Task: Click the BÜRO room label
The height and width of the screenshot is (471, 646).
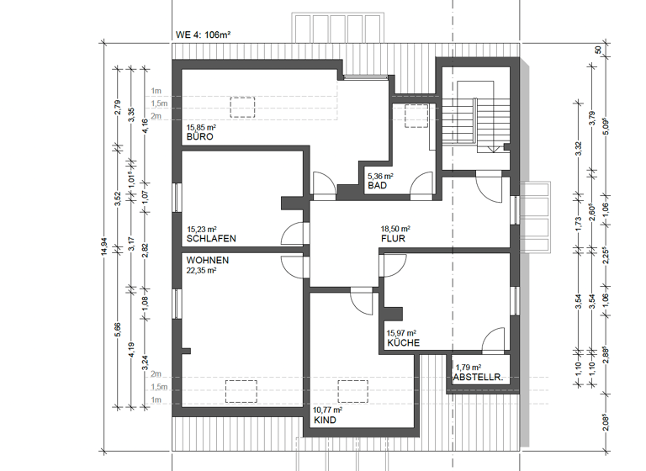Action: pos(199,136)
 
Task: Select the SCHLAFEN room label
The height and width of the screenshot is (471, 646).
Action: pos(210,239)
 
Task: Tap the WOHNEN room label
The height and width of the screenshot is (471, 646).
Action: pos(207,261)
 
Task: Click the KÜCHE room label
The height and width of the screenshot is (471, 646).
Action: pos(403,343)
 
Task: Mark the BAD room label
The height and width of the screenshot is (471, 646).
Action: pos(376,186)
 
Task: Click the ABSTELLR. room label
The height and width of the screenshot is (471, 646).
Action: pos(478,378)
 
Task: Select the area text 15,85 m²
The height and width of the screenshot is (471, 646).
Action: pos(201,127)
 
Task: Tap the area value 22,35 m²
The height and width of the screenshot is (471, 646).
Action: pos(202,271)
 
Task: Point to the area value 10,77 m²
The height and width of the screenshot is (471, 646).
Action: pos(328,410)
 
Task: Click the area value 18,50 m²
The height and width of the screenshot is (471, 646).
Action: pos(394,229)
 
